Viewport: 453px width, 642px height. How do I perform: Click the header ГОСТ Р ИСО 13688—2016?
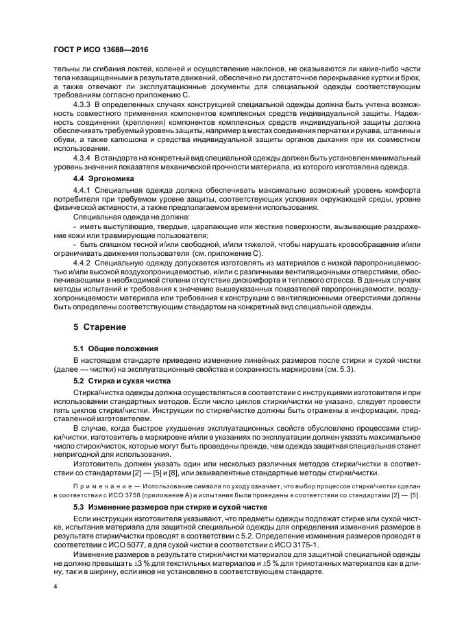click(x=101, y=50)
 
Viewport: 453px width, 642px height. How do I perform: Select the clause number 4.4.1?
click(x=84, y=207)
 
